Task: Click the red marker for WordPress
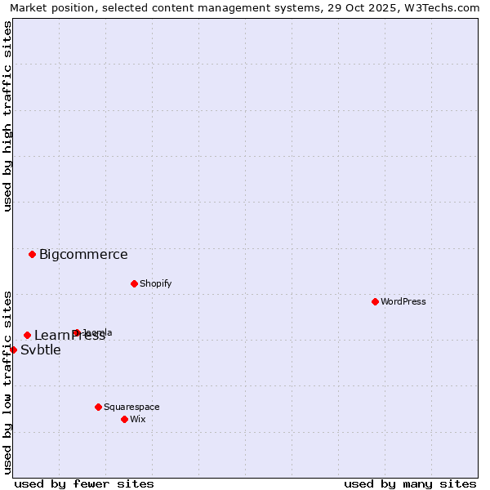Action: coord(375,301)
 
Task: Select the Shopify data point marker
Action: coord(134,283)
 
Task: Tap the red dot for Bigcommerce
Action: coord(32,254)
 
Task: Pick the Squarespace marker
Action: coord(98,407)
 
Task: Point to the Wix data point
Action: coord(124,419)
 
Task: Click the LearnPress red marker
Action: coord(27,335)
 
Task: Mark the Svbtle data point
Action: coord(13,350)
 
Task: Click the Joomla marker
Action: coord(76,332)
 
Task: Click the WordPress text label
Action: coord(403,301)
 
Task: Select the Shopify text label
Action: coord(155,283)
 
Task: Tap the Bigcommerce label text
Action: coord(83,254)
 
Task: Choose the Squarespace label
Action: coord(131,407)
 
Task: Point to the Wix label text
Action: coord(137,419)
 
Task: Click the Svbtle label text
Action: coord(41,350)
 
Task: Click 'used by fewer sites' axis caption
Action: coord(84,483)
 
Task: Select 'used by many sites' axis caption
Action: coord(410,483)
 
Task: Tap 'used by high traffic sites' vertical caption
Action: coord(7,116)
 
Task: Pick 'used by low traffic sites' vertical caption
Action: coord(7,382)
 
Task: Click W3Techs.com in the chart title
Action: coord(443,7)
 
